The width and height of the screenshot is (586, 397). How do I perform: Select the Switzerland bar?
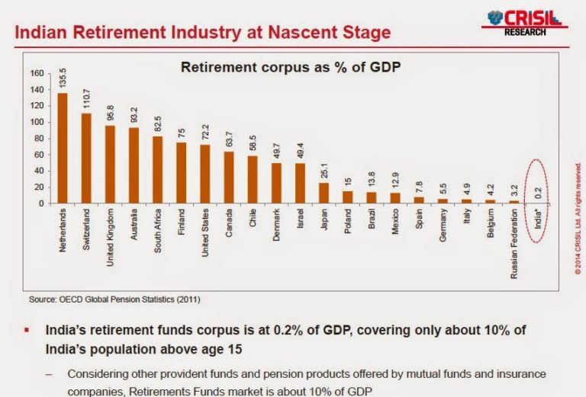(86, 158)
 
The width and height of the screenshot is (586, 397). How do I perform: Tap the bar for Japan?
(324, 193)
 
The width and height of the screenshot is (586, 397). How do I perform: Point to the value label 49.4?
(300, 151)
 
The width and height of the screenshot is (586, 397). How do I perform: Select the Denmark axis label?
(275, 227)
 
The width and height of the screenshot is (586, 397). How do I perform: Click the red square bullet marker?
(27, 332)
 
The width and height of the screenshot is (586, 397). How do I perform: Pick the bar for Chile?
(252, 180)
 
